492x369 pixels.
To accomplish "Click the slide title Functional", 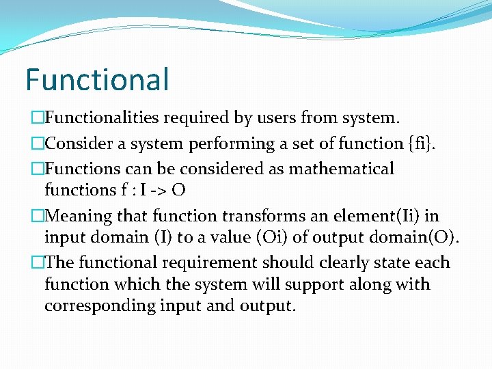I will tap(96, 79).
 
